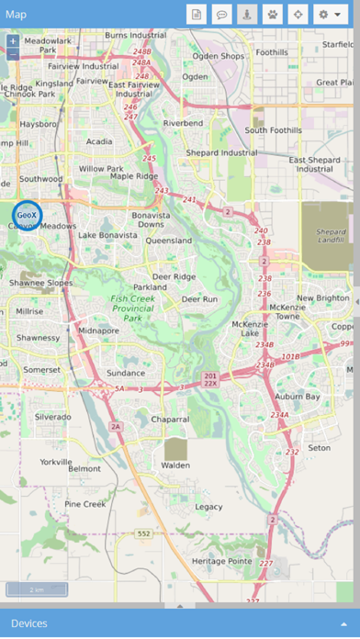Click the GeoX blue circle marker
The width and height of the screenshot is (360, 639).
(x=28, y=215)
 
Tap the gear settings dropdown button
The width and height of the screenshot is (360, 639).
(x=333, y=15)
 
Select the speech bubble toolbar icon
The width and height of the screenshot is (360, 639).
(x=221, y=15)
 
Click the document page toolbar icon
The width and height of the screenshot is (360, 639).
(x=197, y=15)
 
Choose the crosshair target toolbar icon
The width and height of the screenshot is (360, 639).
(x=297, y=15)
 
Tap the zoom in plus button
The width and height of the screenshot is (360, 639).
(x=13, y=41)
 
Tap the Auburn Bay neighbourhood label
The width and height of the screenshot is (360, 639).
(x=295, y=397)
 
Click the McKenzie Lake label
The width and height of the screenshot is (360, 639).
(x=251, y=329)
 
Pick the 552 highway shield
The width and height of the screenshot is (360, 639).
(x=143, y=532)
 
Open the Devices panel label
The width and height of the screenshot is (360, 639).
(x=28, y=623)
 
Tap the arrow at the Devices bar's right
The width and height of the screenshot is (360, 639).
(x=343, y=623)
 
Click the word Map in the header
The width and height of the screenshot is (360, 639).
(x=16, y=14)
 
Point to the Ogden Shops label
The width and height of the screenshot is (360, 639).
(x=218, y=56)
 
